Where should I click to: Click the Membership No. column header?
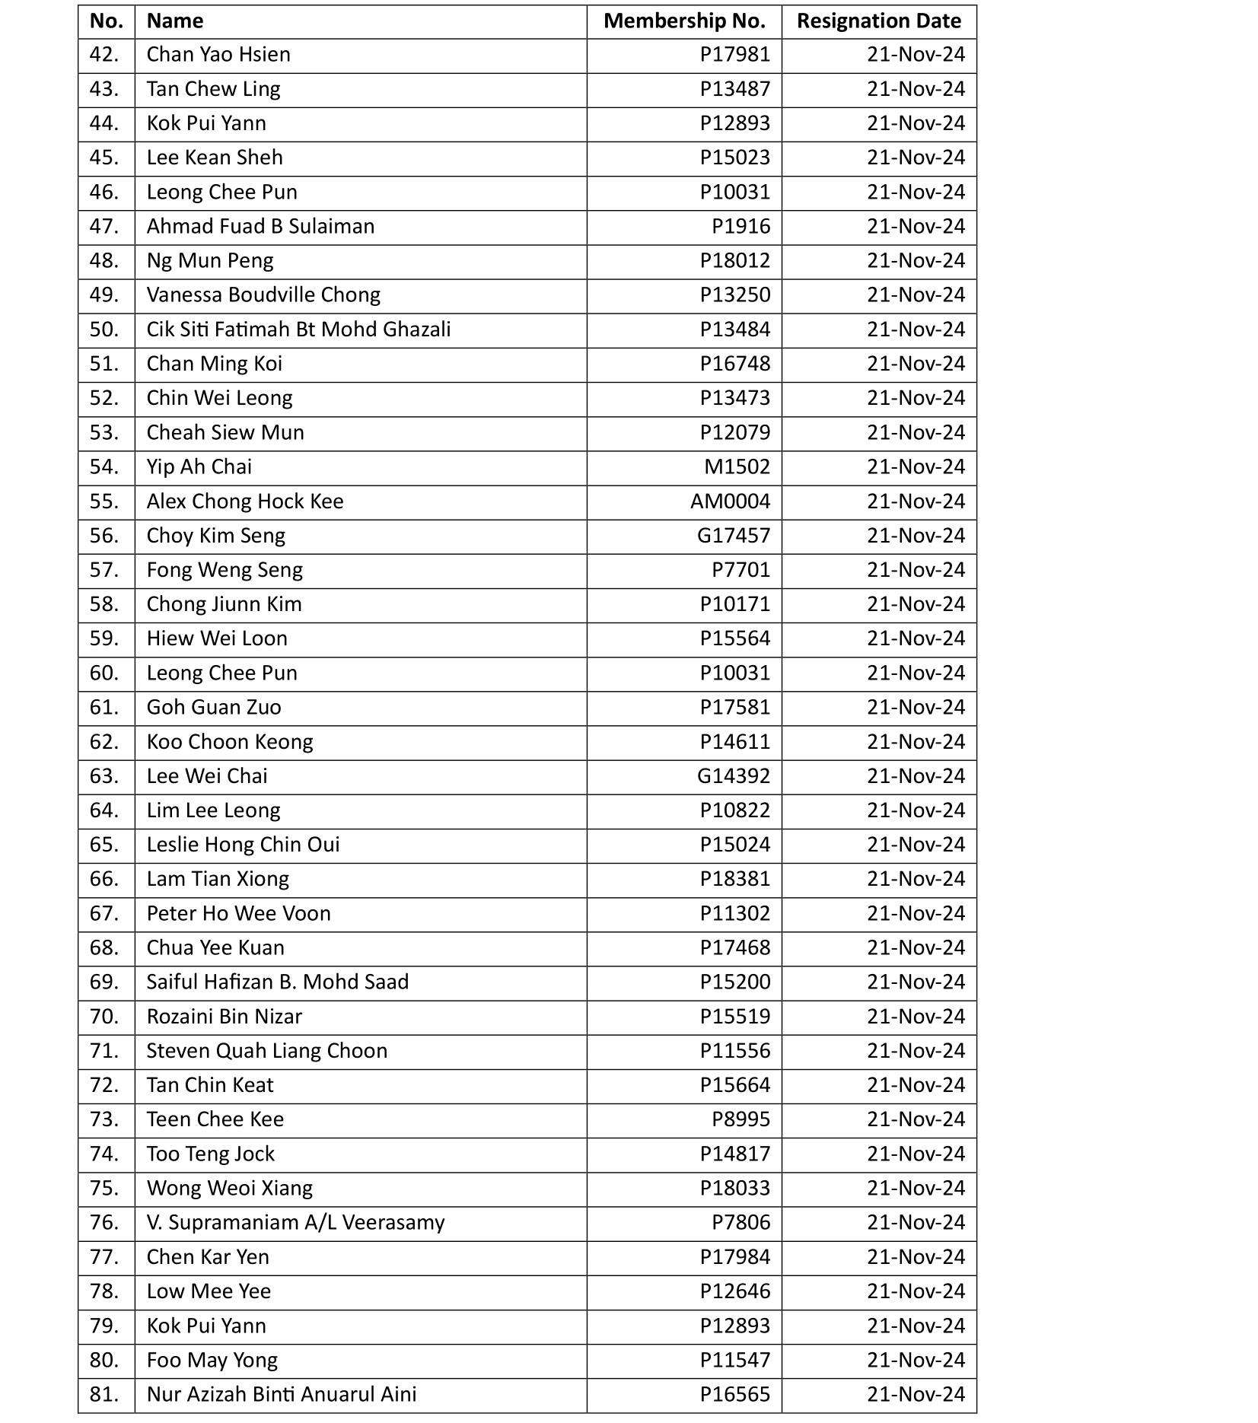tap(684, 21)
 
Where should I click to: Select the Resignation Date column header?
tap(878, 21)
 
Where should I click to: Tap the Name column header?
tap(175, 21)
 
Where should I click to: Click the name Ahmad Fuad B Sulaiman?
tap(260, 227)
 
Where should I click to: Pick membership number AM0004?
tap(730, 501)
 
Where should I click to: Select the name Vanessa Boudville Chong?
tap(263, 295)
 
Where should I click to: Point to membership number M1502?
tap(737, 467)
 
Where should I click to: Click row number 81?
tap(104, 1394)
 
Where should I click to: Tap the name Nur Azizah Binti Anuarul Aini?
tap(282, 1394)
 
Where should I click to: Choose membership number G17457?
tap(734, 536)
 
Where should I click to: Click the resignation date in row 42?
tap(916, 55)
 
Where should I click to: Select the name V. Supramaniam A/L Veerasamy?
tap(295, 1222)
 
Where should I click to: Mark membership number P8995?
tap(740, 1119)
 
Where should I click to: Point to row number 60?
tap(104, 673)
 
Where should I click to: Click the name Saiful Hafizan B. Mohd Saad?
tap(277, 982)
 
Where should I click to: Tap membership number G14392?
tap(734, 776)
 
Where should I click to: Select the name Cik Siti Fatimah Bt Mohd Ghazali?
tap(298, 329)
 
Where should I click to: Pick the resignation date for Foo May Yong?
tap(916, 1360)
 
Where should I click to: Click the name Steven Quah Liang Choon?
tap(266, 1051)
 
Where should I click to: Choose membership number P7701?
tap(740, 570)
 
